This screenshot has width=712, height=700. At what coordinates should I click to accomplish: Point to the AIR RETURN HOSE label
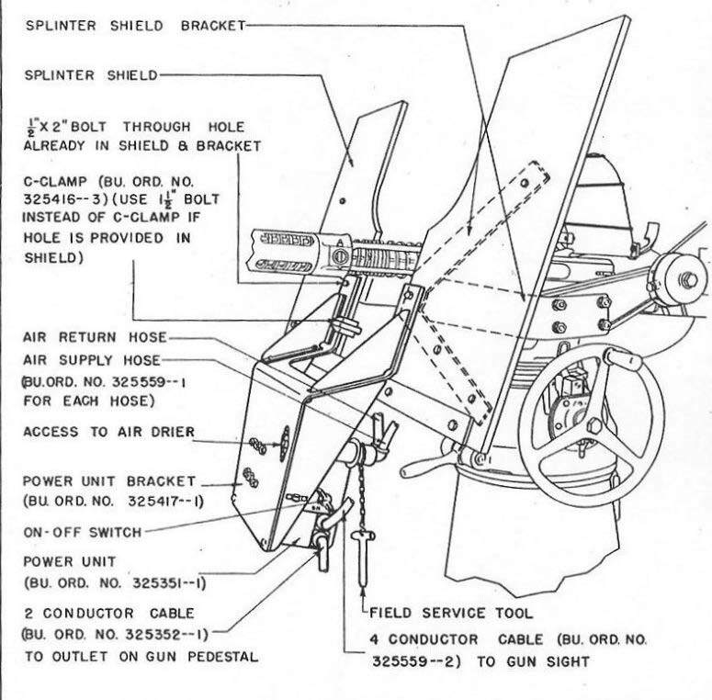pos(93,337)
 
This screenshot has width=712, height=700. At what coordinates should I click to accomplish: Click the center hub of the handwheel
pos(594,426)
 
